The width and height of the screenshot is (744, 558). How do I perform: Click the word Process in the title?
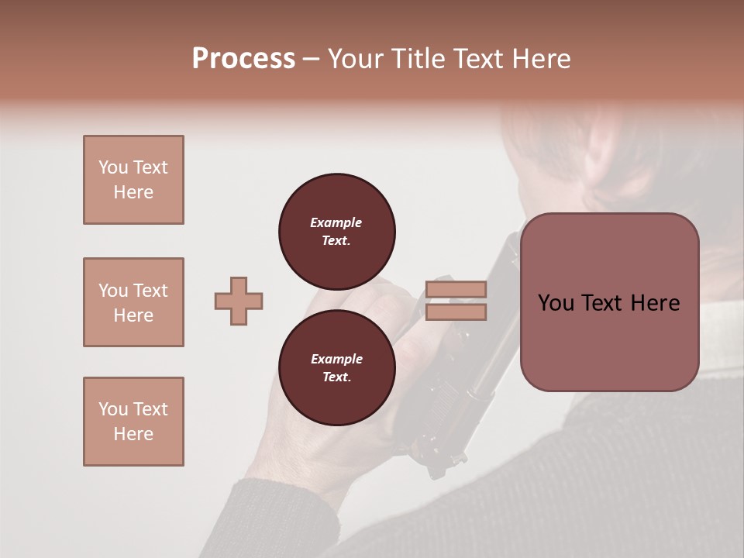point(243,59)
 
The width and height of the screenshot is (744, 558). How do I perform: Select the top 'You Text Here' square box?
point(133,180)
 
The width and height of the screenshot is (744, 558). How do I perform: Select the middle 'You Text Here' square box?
point(133,302)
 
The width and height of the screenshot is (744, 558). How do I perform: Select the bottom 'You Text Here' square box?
point(133,422)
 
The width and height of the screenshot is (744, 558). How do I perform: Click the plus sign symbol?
point(239,301)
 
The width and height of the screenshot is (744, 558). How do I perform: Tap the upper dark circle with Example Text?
point(336,232)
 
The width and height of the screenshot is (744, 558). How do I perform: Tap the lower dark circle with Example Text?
point(336,368)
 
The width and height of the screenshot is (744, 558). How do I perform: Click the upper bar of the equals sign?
point(456,290)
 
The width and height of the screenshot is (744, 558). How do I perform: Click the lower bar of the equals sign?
point(456,312)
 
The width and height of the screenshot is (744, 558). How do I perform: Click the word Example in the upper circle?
point(336,222)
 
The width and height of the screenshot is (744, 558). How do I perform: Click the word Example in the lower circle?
point(336,359)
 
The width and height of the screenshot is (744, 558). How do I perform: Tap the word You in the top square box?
point(113,167)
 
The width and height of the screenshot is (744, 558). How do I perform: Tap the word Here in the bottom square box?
point(133,434)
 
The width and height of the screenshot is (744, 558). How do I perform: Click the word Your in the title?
point(359,59)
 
